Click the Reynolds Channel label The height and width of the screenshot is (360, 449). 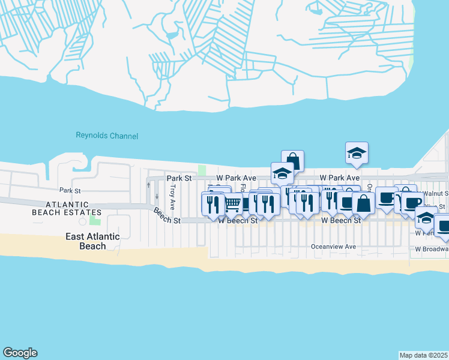[107, 136]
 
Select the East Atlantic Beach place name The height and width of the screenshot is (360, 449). [92, 241]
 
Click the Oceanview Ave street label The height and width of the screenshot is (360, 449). [333, 247]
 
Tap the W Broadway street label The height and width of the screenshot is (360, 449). [431, 249]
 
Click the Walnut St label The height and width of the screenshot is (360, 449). [436, 193]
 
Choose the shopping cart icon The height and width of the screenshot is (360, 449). [232, 205]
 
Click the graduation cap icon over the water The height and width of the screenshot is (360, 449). [357, 153]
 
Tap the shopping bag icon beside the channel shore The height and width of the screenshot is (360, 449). [292, 161]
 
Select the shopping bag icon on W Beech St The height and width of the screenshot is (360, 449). [363, 202]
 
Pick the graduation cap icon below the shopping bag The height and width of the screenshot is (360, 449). [282, 173]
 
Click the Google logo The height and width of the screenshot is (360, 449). [20, 353]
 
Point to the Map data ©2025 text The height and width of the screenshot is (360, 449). [424, 355]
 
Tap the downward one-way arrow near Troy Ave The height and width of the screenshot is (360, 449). [157, 196]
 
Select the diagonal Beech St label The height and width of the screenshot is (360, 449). [166, 216]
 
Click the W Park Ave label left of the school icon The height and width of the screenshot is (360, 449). [237, 178]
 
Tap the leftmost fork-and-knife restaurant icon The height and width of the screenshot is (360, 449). [212, 205]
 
